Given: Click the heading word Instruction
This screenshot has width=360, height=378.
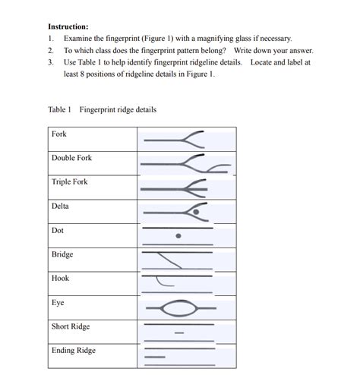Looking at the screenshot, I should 68,26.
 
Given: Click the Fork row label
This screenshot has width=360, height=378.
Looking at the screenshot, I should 59,134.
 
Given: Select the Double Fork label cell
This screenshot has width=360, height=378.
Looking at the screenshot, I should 71,158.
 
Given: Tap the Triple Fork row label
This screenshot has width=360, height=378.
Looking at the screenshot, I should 70,182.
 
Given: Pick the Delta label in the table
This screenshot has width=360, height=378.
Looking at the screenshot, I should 60,206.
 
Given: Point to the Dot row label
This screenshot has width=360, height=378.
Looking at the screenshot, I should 58,230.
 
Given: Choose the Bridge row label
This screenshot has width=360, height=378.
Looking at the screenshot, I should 62,254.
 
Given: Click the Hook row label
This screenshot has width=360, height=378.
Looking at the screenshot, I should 60,279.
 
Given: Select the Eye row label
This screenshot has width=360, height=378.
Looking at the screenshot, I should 58,302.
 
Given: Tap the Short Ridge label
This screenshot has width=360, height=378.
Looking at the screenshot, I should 71,326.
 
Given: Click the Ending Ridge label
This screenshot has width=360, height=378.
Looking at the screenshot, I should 74,351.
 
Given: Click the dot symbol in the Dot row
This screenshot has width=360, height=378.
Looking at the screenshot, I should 178,236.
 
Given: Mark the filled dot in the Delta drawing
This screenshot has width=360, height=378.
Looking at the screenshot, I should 196,213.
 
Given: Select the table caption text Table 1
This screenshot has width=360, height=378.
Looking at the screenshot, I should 59,109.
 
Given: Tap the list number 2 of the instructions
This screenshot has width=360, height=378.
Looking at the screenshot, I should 50,50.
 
